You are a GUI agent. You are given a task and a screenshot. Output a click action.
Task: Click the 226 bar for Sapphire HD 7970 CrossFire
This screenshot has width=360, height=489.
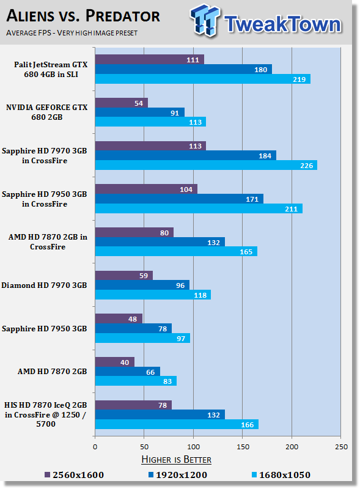(206, 165)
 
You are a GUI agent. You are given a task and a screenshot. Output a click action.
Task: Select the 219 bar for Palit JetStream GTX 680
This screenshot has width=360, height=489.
(203, 79)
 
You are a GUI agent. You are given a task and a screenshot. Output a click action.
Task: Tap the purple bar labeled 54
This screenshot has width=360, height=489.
(122, 103)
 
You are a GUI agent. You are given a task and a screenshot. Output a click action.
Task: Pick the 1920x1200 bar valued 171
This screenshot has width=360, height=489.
(179, 199)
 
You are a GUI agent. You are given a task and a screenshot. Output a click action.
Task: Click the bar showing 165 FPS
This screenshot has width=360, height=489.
(176, 251)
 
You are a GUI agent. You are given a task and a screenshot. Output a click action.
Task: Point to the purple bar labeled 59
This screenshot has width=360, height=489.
(124, 276)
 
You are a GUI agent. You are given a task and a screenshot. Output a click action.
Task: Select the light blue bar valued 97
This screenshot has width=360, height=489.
(142, 338)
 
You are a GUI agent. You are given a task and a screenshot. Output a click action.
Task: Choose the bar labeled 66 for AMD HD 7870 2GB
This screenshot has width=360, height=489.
(128, 372)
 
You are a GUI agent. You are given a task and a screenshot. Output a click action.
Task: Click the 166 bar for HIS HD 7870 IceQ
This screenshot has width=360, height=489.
(177, 424)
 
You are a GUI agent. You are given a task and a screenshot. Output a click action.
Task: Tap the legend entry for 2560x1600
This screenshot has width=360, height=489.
(74, 475)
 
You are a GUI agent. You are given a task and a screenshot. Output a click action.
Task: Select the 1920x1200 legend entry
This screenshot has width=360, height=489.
(177, 475)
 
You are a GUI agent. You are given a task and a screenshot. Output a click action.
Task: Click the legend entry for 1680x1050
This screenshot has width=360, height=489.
(281, 475)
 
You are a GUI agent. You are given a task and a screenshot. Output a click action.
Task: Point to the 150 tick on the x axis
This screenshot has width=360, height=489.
(243, 447)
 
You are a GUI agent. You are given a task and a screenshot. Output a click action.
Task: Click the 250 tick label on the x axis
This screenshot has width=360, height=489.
(341, 447)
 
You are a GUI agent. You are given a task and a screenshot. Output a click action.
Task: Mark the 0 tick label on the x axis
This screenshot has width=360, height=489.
(95, 447)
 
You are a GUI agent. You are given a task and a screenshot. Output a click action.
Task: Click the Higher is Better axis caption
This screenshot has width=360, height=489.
(176, 460)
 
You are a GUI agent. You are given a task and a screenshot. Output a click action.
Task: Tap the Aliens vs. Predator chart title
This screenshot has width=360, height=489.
(83, 17)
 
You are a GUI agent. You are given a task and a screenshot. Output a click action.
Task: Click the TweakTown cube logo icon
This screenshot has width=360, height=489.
(205, 20)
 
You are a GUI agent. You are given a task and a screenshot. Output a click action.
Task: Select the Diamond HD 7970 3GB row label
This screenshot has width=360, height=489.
(44, 285)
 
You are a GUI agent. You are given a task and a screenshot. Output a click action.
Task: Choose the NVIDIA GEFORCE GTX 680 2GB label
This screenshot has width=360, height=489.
(47, 112)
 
